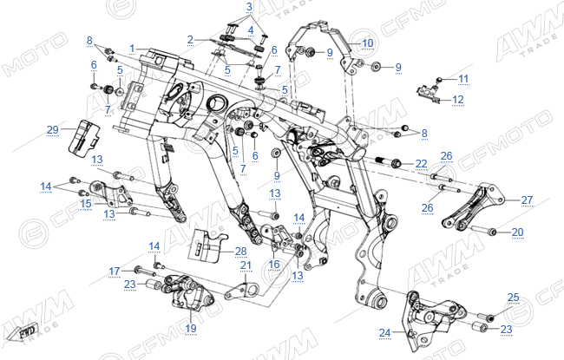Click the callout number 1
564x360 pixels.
(x=133, y=49)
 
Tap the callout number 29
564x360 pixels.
(x=53, y=130)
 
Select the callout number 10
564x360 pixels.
(x=368, y=43)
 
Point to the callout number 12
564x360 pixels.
(x=458, y=99)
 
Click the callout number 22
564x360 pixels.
(x=421, y=164)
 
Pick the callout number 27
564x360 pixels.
(x=527, y=200)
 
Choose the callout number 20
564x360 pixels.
(x=518, y=232)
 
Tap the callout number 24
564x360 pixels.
(x=384, y=333)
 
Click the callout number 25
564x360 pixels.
(x=514, y=298)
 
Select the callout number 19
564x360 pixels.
(x=191, y=328)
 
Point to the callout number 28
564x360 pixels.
(x=240, y=252)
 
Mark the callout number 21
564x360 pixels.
(x=246, y=265)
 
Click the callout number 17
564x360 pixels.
(x=115, y=272)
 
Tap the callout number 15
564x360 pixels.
(x=86, y=204)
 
